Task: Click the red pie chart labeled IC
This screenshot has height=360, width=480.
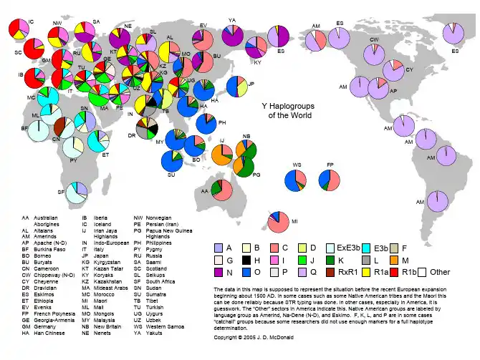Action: click(x=19, y=30)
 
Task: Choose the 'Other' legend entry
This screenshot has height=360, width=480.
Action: click(x=435, y=271)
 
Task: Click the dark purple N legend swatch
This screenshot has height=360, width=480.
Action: click(x=220, y=271)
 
